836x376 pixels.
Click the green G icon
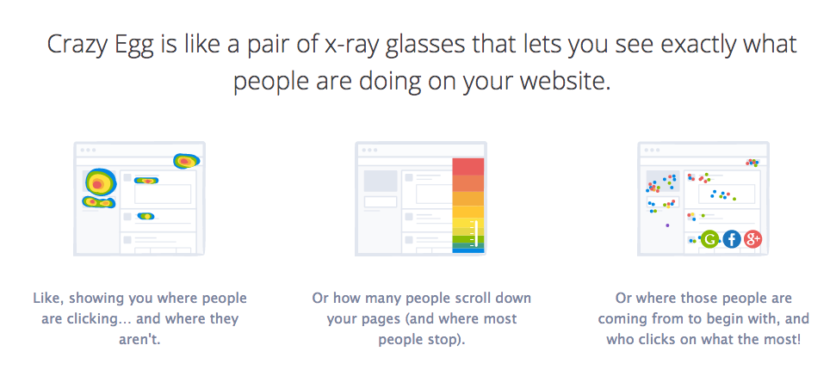(x=709, y=241)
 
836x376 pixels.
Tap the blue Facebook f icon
(x=732, y=241)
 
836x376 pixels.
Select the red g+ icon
(x=753, y=241)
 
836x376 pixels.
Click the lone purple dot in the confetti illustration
(x=667, y=225)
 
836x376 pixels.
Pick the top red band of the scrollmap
(x=468, y=166)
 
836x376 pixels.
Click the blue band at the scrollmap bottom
(x=468, y=250)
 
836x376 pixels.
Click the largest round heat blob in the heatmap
(x=99, y=182)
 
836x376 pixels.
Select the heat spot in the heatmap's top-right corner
(x=186, y=160)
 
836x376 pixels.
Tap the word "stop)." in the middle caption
(x=443, y=338)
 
